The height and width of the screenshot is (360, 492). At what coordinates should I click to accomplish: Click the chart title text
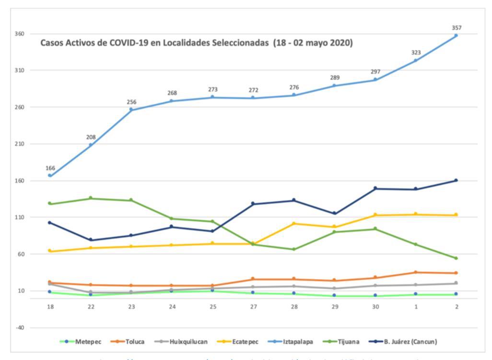[197, 43]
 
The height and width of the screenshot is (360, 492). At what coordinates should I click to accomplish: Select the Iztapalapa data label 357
[457, 28]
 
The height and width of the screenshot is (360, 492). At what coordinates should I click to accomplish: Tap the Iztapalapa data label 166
[50, 168]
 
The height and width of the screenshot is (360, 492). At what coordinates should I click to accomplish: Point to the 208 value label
[91, 137]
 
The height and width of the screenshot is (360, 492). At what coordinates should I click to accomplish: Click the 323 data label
[415, 52]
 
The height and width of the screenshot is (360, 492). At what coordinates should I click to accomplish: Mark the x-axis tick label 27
[253, 307]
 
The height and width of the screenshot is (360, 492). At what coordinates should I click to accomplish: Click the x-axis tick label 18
[50, 307]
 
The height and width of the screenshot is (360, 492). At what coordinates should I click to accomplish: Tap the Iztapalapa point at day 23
[131, 110]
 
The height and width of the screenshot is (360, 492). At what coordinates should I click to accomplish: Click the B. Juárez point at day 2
[456, 180]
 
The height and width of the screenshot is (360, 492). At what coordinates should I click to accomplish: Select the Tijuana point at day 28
[294, 249]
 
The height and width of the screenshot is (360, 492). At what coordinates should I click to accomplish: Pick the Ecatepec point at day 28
[294, 224]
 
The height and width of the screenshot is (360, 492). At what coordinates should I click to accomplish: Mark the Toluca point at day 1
[415, 272]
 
